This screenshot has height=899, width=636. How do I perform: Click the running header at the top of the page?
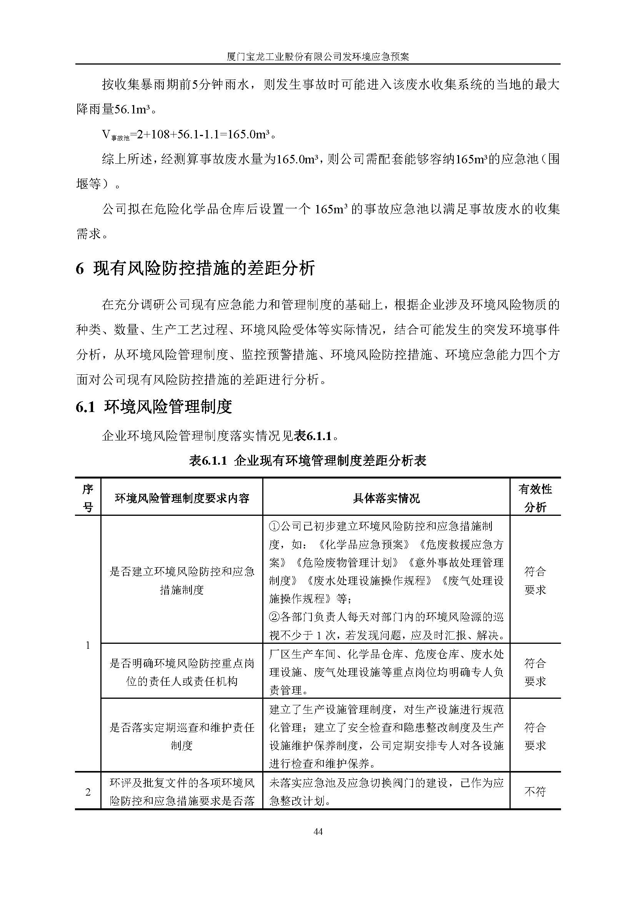[318, 57]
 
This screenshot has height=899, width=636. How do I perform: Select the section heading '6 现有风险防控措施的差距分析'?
[195, 269]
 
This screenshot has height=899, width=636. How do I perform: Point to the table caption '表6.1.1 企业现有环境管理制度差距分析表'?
[308, 460]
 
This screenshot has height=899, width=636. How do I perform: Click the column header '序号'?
[88, 498]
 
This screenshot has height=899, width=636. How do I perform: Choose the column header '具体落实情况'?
[386, 498]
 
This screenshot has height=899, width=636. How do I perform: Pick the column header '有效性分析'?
[535, 498]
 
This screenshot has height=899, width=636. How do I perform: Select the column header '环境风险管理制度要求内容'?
[182, 498]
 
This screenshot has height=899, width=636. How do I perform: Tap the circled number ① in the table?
[274, 527]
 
